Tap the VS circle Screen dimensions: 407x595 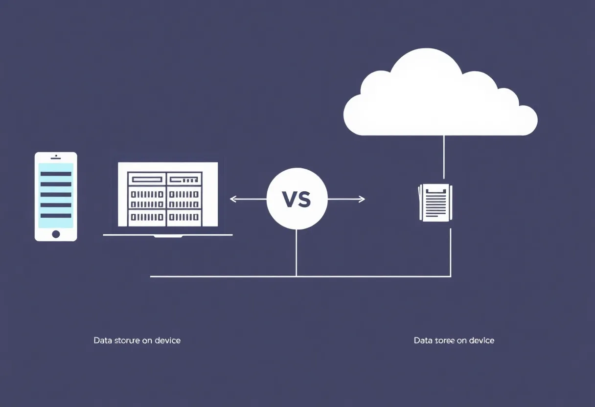click(x=297, y=199)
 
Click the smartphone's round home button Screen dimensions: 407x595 click(x=56, y=234)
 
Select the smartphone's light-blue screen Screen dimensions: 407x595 click(x=56, y=195)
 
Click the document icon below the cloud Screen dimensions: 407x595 click(x=435, y=202)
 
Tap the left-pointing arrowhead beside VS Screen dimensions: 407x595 click(x=232, y=199)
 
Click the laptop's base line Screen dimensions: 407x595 click(x=167, y=235)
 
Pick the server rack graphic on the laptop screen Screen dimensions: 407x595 click(x=164, y=199)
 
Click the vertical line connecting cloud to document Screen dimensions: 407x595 click(x=444, y=157)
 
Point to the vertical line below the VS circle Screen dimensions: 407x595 click(x=297, y=252)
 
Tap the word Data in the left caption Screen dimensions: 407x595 click(x=102, y=340)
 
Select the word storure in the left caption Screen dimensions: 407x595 click(x=126, y=340)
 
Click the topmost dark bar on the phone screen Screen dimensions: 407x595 click(x=56, y=174)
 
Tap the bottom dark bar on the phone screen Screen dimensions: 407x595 click(x=56, y=215)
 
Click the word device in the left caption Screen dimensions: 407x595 click(x=167, y=340)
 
